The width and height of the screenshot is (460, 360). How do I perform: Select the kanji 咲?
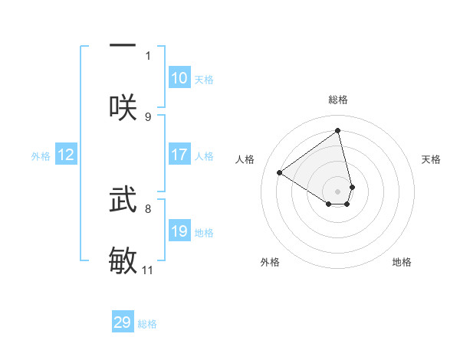pos(123,106)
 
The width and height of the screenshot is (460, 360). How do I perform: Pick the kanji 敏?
pos(123,260)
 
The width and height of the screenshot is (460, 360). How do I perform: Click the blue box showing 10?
pos(179,78)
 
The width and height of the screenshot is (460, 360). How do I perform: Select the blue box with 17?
pos(179,155)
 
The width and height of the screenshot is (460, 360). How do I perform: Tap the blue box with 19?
pos(179,232)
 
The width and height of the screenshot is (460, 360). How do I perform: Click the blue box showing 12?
pos(66,155)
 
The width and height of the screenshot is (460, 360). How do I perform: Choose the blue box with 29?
pos(123,322)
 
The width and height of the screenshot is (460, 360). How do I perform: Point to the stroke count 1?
pos(148,55)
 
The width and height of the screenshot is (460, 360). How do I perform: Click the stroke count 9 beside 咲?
pos(148,117)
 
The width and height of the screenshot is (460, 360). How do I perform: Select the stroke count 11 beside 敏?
pos(148,270)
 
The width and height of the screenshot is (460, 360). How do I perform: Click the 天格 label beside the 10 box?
pos(204,80)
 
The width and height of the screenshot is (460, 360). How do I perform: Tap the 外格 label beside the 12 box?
pos(41,156)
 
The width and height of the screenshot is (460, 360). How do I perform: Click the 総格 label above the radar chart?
pos(338,100)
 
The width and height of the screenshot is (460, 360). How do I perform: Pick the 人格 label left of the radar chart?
pos(245,159)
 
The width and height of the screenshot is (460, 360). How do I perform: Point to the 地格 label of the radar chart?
pos(402,262)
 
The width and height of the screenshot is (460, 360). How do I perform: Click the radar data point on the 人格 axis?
pos(280,172)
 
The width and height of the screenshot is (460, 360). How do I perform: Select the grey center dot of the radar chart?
pos(338,191)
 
